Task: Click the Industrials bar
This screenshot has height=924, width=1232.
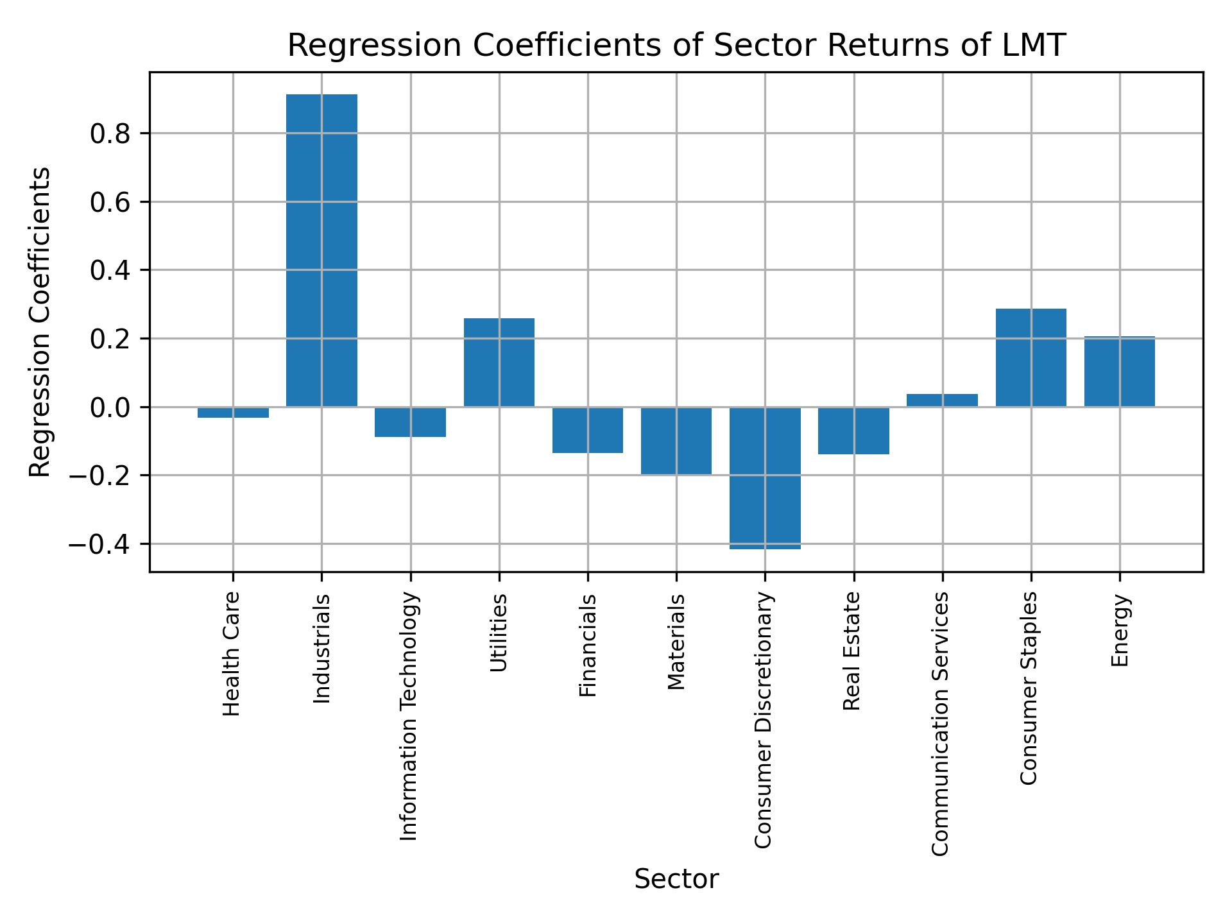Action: pyautogui.click(x=321, y=250)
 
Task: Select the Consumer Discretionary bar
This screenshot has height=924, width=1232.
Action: pyautogui.click(x=765, y=477)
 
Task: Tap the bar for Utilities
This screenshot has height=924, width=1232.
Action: pyautogui.click(x=499, y=363)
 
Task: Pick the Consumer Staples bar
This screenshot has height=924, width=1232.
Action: pyautogui.click(x=1031, y=357)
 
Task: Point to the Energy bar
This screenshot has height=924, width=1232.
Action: pyautogui.click(x=1119, y=372)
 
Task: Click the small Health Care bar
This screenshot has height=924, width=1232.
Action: pyautogui.click(x=233, y=412)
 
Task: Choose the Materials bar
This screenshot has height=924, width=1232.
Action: pyautogui.click(x=676, y=440)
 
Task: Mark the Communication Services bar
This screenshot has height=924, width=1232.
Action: pyautogui.click(x=942, y=400)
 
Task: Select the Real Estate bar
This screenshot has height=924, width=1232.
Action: pyautogui.click(x=853, y=431)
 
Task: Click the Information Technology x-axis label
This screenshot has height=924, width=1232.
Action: pyautogui.click(x=409, y=716)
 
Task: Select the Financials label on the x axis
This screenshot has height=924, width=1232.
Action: pyautogui.click(x=588, y=646)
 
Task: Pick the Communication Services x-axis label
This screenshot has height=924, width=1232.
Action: pyautogui.click(x=940, y=723)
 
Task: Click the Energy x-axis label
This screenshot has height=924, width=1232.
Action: pyautogui.click(x=1120, y=631)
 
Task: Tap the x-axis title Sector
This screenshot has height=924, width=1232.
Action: pyautogui.click(x=676, y=879)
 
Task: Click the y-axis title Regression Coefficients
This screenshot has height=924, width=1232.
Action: pyautogui.click(x=40, y=322)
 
